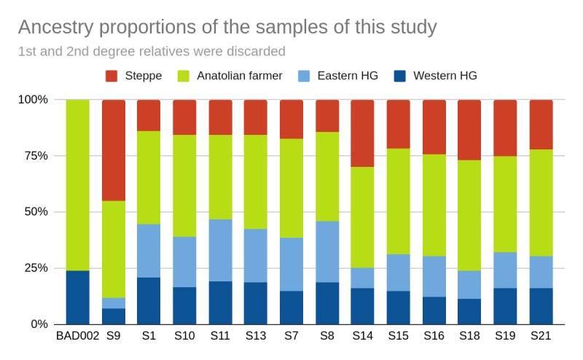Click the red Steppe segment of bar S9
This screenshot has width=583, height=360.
coord(114,150)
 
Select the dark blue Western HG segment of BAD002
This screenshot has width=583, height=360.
coord(78,297)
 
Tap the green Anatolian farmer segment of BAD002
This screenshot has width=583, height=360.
coord(78,185)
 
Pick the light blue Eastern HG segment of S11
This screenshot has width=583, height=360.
coord(221,250)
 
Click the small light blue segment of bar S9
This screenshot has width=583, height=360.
coord(114,303)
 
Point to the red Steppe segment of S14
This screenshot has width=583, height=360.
coord(362,133)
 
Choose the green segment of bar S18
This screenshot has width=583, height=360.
coord(469,215)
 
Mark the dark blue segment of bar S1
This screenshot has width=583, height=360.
coord(149,301)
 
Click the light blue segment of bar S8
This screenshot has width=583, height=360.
coord(327,251)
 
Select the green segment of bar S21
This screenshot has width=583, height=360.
coord(541,203)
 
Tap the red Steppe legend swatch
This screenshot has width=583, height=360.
coord(111,76)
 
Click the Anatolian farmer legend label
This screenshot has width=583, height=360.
coord(240,76)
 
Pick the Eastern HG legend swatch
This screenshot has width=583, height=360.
coord(304,76)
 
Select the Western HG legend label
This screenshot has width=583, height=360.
coord(445,76)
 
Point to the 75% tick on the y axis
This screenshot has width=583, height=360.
coord(36,156)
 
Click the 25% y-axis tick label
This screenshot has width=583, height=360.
coord(36,268)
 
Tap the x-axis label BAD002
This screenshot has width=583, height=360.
coord(78,336)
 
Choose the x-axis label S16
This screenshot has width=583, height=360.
coord(434,336)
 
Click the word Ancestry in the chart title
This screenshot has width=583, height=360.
coord(56,28)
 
